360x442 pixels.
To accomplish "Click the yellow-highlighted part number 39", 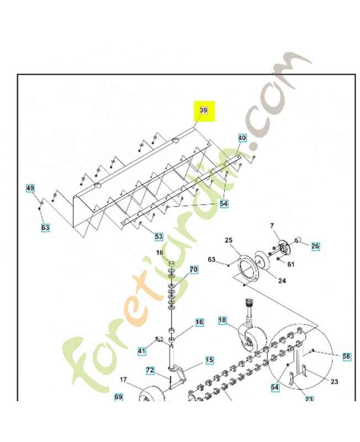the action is [x=203, y=110].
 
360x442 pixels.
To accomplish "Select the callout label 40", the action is [x=242, y=138].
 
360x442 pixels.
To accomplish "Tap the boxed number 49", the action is [x=30, y=188].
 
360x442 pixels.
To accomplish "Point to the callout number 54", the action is [x=224, y=203].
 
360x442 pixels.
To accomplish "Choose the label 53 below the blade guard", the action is [x=159, y=236].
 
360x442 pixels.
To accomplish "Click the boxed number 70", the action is [x=193, y=270].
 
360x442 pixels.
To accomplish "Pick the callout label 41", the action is [x=142, y=351].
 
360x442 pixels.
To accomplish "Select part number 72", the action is [x=150, y=370].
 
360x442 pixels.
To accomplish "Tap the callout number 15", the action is [x=209, y=360].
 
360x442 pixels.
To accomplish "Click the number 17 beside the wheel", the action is [x=123, y=380].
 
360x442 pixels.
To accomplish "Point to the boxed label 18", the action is [x=223, y=320].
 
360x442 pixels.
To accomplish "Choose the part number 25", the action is [x=229, y=240].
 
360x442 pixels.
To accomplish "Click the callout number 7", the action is [x=272, y=226].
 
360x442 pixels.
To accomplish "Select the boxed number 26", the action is [x=315, y=246].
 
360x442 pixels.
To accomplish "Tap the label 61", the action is [x=290, y=264].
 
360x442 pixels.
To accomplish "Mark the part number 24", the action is [x=282, y=281].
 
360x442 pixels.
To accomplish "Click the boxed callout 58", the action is [x=347, y=356].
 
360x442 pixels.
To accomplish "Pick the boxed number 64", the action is [x=274, y=387].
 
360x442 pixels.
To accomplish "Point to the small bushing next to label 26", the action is [x=298, y=240].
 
